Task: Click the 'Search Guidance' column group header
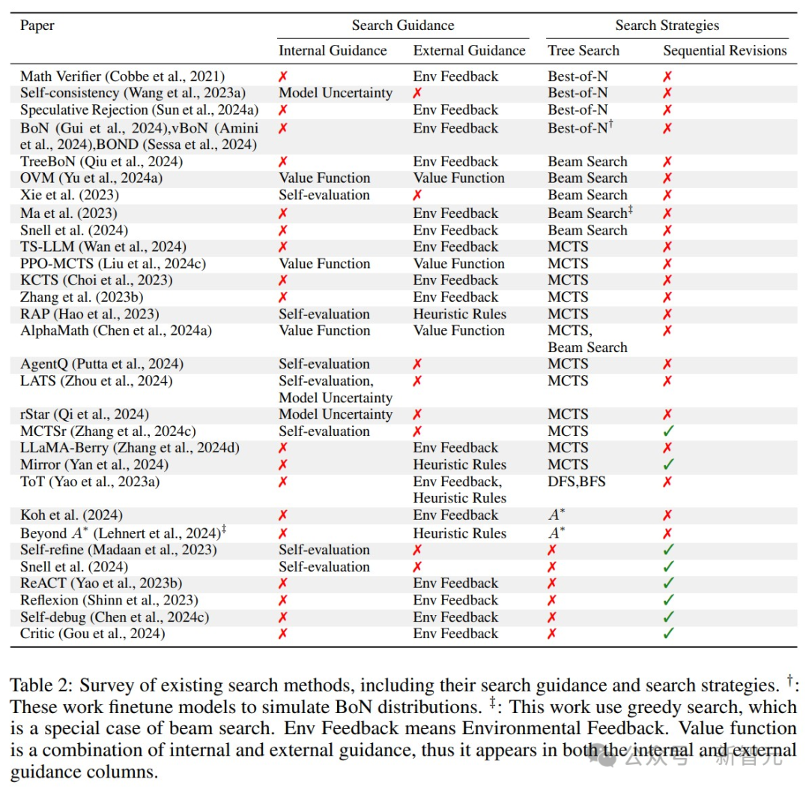(403, 25)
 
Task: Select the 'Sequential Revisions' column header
(724, 51)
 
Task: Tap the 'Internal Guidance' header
(333, 51)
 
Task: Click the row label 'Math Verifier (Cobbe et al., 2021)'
(122, 76)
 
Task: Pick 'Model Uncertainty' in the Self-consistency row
(335, 93)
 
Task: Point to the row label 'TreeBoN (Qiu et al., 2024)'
(101, 162)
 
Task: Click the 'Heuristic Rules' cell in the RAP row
(459, 314)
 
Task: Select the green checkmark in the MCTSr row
(668, 431)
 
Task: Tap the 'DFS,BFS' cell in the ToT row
(576, 482)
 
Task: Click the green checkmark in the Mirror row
(668, 465)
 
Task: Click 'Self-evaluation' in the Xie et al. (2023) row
(324, 195)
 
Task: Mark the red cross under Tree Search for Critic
(552, 634)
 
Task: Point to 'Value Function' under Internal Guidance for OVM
(324, 178)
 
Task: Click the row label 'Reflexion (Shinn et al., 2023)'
(109, 600)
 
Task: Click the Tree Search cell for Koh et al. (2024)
(556, 515)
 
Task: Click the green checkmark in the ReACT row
(668, 584)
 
